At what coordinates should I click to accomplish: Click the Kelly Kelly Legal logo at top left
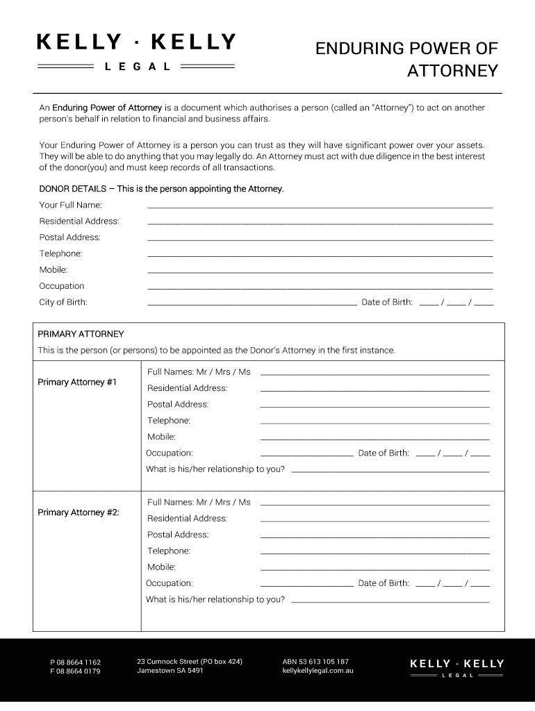pos(135,51)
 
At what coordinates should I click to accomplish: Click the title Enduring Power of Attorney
pos(406,59)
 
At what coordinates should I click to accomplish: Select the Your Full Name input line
pos(320,206)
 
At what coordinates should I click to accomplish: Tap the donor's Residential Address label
pos(79,221)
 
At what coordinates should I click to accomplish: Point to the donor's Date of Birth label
pos(386,302)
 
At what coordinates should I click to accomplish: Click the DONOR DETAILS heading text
pos(161,189)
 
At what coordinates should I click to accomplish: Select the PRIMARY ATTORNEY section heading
pos(81,334)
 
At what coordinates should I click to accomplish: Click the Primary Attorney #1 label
pos(77,383)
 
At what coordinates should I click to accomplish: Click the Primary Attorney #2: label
pos(79,512)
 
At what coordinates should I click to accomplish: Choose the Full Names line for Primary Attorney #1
pos(374,374)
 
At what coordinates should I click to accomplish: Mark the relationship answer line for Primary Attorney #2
pos(390,601)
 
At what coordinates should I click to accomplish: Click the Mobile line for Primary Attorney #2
pos(374,569)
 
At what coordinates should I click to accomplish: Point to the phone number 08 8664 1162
pos(75,662)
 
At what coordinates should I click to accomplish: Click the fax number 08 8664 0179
pos(75,671)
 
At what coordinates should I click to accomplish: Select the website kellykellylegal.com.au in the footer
pos(318,671)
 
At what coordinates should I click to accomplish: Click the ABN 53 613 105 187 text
pos(315,662)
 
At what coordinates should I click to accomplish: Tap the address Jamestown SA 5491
pos(170,671)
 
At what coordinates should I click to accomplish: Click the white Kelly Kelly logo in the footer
pos(456,668)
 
